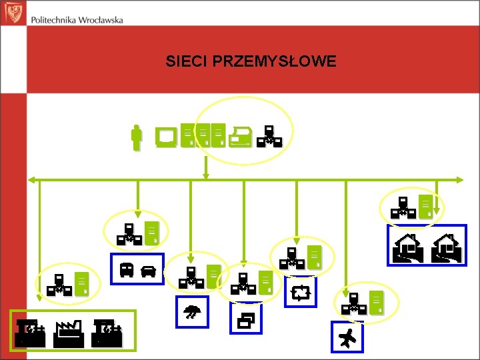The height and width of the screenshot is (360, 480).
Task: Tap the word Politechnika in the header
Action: point(58,20)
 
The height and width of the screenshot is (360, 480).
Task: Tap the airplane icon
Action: point(347,339)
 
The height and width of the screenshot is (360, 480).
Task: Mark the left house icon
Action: point(407,247)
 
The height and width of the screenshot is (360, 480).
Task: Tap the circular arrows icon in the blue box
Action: point(301,293)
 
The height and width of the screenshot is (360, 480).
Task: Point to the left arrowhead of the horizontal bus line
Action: point(30,179)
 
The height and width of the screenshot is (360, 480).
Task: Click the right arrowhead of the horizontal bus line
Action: point(459,179)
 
